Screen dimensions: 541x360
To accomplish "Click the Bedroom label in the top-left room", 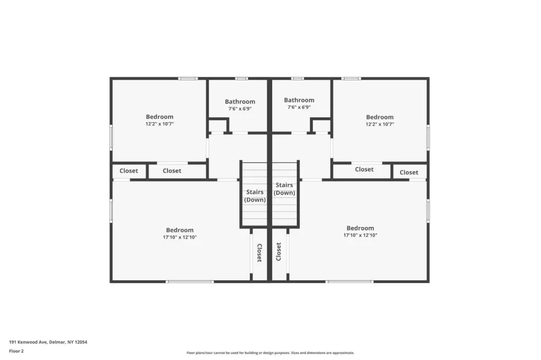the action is (x=160, y=117).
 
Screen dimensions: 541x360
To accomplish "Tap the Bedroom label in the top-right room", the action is (x=379, y=117).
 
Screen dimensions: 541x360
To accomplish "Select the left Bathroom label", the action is (x=240, y=102).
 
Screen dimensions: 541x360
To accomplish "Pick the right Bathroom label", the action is (x=299, y=100).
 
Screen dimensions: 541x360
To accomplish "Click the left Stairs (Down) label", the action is (x=255, y=196).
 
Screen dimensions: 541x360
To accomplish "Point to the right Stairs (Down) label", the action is (x=284, y=189).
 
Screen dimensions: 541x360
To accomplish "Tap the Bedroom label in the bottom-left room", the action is (x=180, y=230).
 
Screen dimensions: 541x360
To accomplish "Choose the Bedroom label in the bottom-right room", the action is (x=360, y=228).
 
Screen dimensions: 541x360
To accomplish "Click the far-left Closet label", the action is (x=129, y=170).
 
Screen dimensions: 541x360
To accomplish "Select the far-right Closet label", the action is (x=409, y=173).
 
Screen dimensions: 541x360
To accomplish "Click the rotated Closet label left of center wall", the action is (x=259, y=253).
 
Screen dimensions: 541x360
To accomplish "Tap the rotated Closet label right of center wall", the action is (x=279, y=251).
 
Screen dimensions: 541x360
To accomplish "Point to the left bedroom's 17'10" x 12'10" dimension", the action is (x=180, y=237).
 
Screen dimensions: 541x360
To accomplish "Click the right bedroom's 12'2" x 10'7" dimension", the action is (x=380, y=124).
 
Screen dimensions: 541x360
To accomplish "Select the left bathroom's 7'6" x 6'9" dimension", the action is (x=240, y=109).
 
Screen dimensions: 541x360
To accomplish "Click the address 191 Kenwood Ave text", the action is (x=28, y=342).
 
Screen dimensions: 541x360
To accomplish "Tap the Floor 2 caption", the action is (x=16, y=351).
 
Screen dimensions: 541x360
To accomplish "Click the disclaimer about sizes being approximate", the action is (x=270, y=353).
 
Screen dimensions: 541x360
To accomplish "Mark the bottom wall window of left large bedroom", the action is (x=190, y=282).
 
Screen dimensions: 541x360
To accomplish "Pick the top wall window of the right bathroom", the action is (x=297, y=78).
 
